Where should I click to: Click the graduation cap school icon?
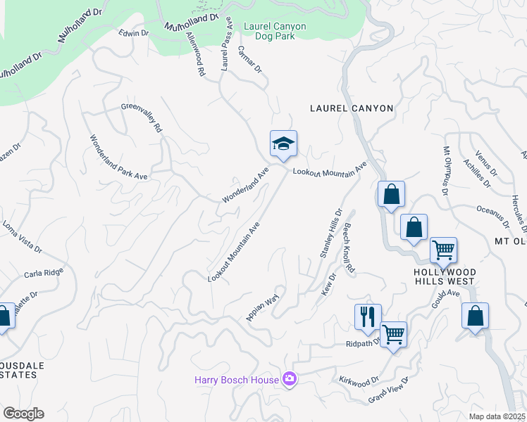click(283, 144)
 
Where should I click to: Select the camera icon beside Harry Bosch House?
click(289, 380)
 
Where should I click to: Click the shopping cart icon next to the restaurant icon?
click(393, 335)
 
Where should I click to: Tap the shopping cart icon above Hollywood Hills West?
click(443, 250)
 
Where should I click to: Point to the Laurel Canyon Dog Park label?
click(275, 31)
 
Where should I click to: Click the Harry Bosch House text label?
click(237, 380)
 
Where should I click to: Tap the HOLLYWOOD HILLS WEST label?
click(445, 277)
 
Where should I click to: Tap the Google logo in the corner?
click(23, 414)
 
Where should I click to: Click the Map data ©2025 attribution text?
click(497, 416)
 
